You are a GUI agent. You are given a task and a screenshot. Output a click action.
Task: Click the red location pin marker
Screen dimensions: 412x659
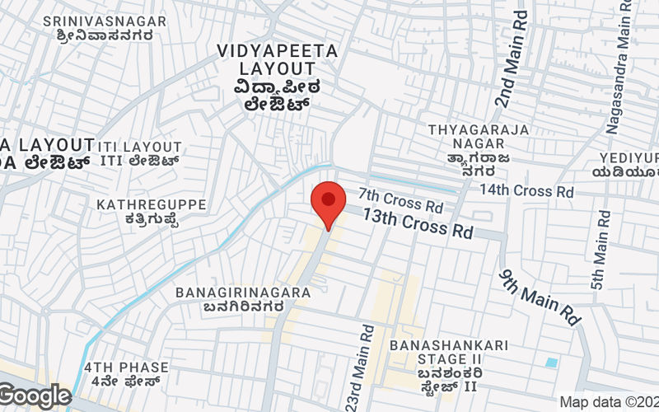(x=328, y=204)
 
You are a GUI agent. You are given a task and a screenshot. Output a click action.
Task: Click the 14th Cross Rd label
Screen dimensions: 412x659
(x=526, y=191)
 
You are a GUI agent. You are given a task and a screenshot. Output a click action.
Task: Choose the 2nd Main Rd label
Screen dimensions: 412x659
(x=511, y=58)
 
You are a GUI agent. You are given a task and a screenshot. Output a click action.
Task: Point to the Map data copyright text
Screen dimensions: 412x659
(x=609, y=402)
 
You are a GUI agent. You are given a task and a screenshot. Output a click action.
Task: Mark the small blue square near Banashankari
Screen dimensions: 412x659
(x=551, y=363)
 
